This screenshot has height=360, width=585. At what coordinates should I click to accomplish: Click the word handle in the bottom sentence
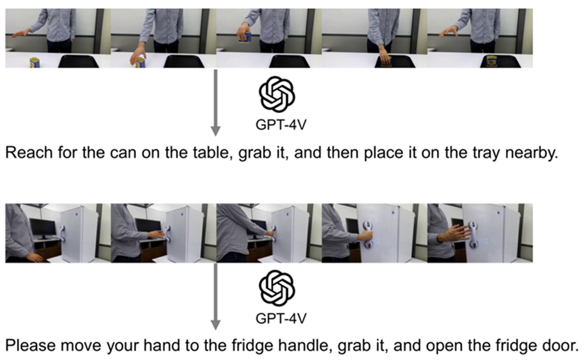click(x=307, y=345)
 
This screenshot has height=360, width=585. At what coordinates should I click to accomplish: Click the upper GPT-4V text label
click(x=281, y=125)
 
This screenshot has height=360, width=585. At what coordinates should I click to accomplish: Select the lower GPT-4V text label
click(x=281, y=319)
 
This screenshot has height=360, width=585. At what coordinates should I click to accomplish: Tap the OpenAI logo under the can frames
click(x=277, y=94)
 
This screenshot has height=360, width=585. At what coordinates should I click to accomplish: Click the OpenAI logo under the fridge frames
click(x=277, y=288)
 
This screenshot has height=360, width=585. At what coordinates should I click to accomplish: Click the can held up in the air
click(x=245, y=37)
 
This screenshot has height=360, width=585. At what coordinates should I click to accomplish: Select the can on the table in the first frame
click(x=34, y=62)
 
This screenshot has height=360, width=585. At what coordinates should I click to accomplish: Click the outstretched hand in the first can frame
click(x=20, y=34)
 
